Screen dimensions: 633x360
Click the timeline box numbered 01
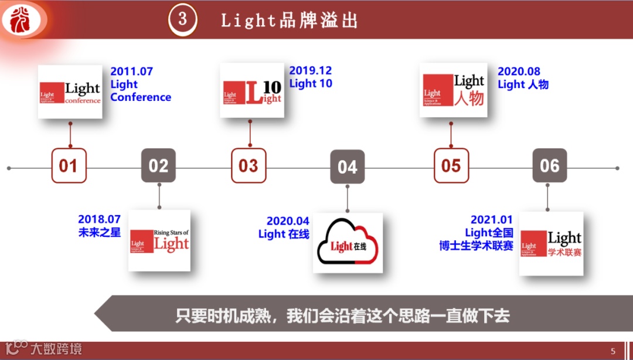point(69,166)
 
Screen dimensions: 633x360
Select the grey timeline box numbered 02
point(158,166)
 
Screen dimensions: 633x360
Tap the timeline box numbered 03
point(249,166)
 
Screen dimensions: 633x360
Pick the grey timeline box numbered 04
point(347,167)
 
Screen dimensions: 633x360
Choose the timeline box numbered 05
point(451,166)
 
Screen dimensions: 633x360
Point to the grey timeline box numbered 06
point(549,166)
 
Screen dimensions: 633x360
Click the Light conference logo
point(70,92)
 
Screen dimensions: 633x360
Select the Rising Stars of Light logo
point(159,240)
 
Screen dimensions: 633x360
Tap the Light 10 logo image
point(252,90)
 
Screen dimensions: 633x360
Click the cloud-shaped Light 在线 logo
point(348,243)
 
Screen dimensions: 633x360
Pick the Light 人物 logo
point(454,90)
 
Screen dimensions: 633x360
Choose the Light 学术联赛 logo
point(551,243)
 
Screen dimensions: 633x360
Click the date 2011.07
point(132,72)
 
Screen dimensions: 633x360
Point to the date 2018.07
point(100,220)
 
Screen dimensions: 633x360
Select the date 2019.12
point(311,70)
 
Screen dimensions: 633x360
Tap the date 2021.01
point(492,220)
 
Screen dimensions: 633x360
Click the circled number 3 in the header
point(182,19)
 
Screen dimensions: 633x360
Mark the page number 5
point(613,351)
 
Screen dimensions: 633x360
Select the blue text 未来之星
point(100,233)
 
